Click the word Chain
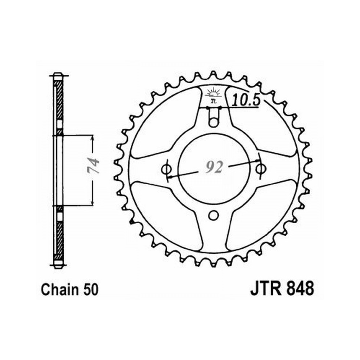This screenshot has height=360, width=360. pyautogui.click(x=59, y=289)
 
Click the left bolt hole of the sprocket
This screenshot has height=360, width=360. pyautogui.click(x=166, y=170)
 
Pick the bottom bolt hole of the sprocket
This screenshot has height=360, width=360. pyautogui.click(x=213, y=215)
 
